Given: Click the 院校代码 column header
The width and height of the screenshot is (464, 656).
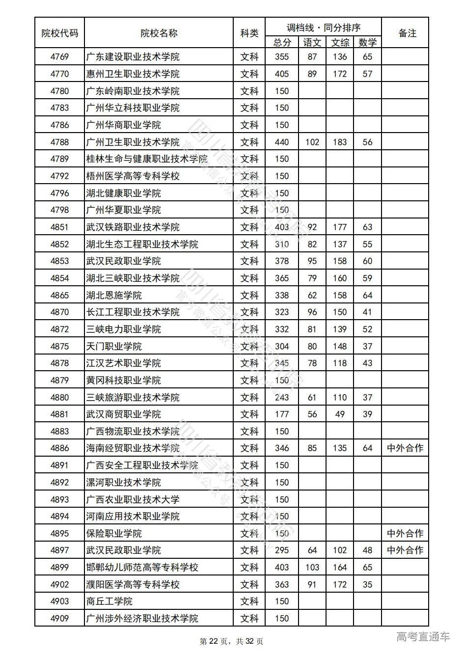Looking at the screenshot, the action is pyautogui.click(x=59, y=33).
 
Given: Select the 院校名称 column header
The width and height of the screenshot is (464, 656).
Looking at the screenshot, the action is pyautogui.click(x=159, y=33).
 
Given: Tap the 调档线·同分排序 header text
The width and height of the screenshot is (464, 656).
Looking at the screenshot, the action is pyautogui.click(x=323, y=27).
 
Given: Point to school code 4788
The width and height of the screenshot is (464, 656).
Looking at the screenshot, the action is pyautogui.click(x=59, y=142).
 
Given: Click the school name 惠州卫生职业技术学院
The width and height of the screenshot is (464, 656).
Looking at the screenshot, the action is pyautogui.click(x=133, y=74).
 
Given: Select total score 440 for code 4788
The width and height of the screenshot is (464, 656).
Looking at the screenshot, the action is pyautogui.click(x=282, y=142).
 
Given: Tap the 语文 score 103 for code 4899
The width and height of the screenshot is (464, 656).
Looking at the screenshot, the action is pyautogui.click(x=312, y=567).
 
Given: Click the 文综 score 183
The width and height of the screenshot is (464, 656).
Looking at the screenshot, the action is pyautogui.click(x=340, y=142).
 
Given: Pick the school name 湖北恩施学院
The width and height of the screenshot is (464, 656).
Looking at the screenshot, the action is pyautogui.click(x=114, y=295).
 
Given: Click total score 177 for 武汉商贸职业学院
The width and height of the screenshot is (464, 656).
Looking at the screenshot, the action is pyautogui.click(x=282, y=414).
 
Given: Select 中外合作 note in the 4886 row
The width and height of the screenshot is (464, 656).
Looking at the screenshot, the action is pyautogui.click(x=405, y=448).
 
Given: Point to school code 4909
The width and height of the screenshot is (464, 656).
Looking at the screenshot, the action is pyautogui.click(x=59, y=618).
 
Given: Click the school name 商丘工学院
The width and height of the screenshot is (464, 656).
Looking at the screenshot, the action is pyautogui.click(x=109, y=601).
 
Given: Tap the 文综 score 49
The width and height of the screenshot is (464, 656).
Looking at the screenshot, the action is pyautogui.click(x=340, y=414).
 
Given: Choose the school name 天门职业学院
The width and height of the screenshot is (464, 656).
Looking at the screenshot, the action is pyautogui.click(x=114, y=346).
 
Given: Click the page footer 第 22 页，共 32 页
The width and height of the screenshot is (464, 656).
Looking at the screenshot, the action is pyautogui.click(x=231, y=641).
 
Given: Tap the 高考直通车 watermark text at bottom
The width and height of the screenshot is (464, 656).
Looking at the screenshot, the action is pyautogui.click(x=423, y=637).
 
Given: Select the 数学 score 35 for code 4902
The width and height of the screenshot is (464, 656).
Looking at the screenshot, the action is pyautogui.click(x=367, y=584).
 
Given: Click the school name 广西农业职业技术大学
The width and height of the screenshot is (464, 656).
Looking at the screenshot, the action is pyautogui.click(x=133, y=499).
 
